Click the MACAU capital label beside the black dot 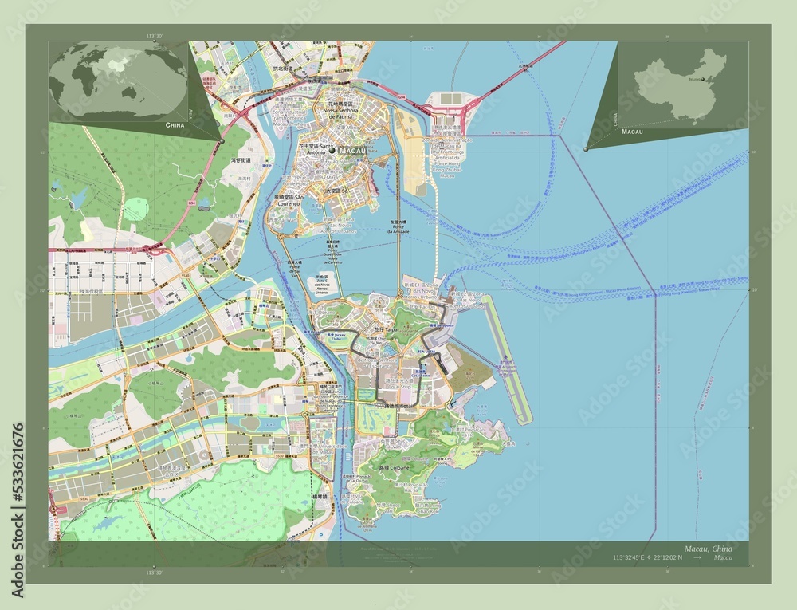pyautogui.click(x=352, y=150)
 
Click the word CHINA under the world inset pyautogui.click(x=178, y=126)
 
